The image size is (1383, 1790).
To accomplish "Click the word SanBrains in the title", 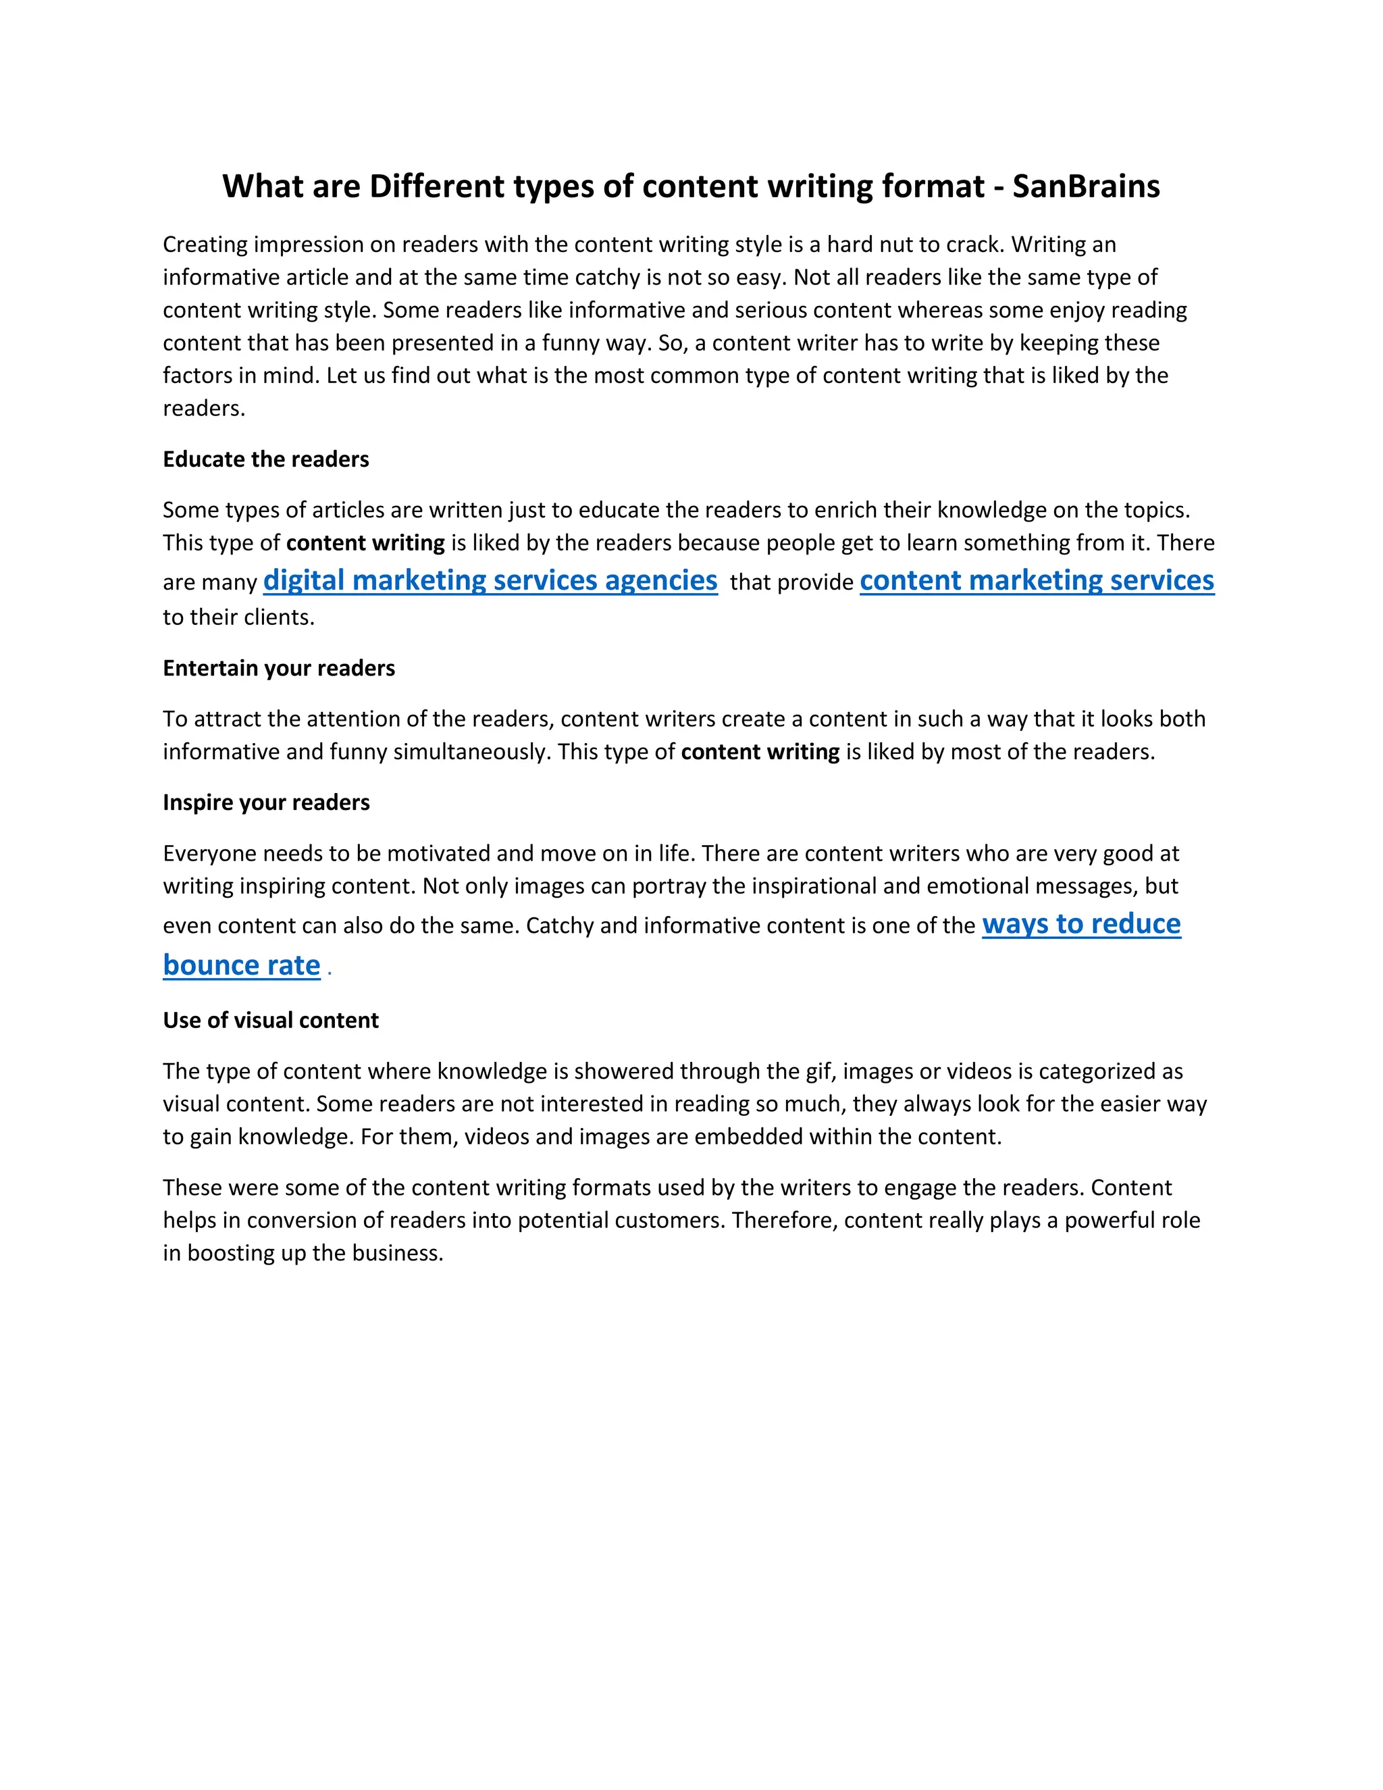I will [1086, 187].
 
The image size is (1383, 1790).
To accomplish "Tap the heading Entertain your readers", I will [279, 668].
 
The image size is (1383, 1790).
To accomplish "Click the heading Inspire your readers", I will [266, 802].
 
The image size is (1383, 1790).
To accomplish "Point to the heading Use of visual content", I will [270, 1021].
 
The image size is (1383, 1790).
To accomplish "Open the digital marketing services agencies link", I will [490, 580].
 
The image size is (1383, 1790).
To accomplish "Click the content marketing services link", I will [1037, 580].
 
